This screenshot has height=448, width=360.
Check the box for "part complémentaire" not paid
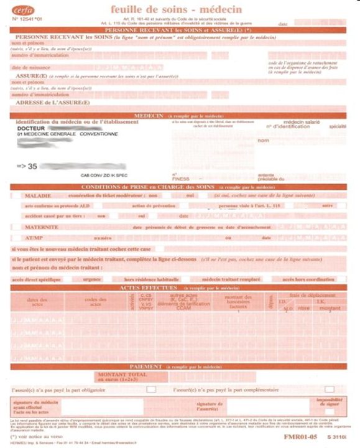tap(329, 390)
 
